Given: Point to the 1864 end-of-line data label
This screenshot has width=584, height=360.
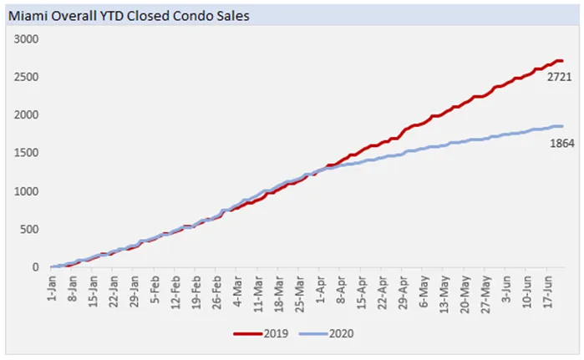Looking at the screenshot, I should pyautogui.click(x=560, y=143).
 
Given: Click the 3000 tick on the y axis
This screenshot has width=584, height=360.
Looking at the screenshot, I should pyautogui.click(x=27, y=39).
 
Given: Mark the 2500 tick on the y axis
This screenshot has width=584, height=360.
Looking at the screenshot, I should pyautogui.click(x=27, y=77).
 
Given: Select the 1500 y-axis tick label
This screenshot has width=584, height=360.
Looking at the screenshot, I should pyautogui.click(x=27, y=153).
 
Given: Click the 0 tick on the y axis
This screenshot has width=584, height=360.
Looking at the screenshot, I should pyautogui.click(x=36, y=267).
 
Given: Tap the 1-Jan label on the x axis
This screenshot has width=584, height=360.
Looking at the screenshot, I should pyautogui.click(x=51, y=287).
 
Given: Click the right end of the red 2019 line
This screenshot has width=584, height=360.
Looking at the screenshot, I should pyautogui.click(x=562, y=61).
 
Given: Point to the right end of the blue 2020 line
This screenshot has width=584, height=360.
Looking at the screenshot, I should pyautogui.click(x=562, y=126).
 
